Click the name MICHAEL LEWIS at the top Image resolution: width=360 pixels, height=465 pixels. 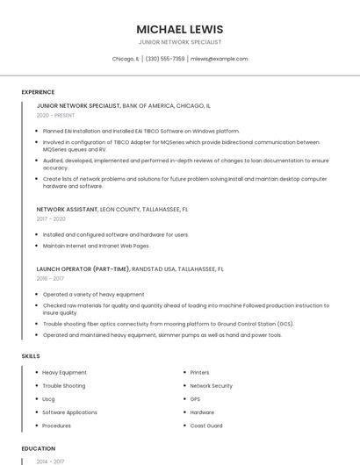pyautogui.click(x=180, y=29)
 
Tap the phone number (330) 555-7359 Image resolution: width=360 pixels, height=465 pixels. pyautogui.click(x=165, y=59)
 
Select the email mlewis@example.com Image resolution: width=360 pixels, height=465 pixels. pyautogui.click(x=220, y=59)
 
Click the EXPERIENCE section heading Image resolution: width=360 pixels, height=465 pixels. pyautogui.click(x=38, y=92)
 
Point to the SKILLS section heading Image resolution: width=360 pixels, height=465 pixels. pyautogui.click(x=31, y=356)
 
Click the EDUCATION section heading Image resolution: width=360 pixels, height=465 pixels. pyautogui.click(x=39, y=448)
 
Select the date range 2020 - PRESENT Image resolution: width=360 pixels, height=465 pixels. pyautogui.click(x=55, y=115)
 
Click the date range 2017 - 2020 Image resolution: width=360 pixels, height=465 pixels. pyautogui.click(x=51, y=219)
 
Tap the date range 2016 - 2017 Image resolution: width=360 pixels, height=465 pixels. pyautogui.click(x=50, y=278)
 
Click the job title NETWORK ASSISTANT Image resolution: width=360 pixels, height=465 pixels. pyautogui.click(x=68, y=210)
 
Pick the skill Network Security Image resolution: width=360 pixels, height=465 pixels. pyautogui.click(x=211, y=386)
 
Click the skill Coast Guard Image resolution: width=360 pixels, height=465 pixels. pyautogui.click(x=206, y=426)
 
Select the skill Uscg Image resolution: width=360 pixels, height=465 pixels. pyautogui.click(x=48, y=399)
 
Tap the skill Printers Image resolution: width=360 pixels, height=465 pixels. pyautogui.click(x=200, y=373)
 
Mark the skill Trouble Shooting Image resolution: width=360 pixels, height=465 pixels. pyautogui.click(x=64, y=386)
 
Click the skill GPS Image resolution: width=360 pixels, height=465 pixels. pyautogui.click(x=196, y=399)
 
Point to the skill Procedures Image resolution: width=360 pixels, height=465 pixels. pyautogui.click(x=57, y=426)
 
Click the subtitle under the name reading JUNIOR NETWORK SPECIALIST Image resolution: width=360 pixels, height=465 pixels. pyautogui.click(x=180, y=42)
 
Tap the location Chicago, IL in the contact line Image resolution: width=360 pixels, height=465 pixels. pyautogui.click(x=126, y=59)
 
